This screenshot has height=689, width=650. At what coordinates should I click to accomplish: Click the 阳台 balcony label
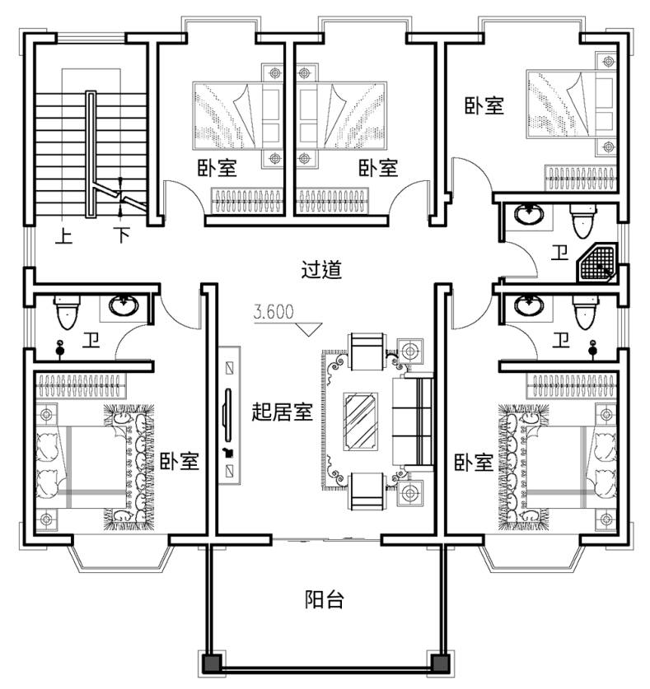(324, 599)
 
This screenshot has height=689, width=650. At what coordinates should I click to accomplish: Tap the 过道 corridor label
(321, 269)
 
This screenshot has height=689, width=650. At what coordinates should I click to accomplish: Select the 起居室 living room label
(282, 412)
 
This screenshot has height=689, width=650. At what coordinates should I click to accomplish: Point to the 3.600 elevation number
(274, 311)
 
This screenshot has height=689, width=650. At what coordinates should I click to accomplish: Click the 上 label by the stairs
(63, 236)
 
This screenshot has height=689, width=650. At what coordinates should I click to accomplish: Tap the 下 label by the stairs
(122, 235)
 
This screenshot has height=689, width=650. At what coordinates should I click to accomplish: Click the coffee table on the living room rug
(361, 421)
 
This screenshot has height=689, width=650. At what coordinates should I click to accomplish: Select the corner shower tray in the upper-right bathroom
(597, 263)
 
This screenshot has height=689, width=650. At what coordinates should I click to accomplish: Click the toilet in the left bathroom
(67, 312)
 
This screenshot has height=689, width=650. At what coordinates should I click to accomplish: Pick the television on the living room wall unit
(228, 415)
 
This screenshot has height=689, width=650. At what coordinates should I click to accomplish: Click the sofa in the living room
(413, 421)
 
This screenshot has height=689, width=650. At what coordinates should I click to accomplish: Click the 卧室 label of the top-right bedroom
(484, 106)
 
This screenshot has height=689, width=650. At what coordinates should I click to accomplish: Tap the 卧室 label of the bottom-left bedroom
(180, 461)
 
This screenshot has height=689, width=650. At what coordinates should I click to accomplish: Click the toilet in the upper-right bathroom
(583, 221)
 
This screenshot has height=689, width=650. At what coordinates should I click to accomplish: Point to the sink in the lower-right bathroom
(530, 305)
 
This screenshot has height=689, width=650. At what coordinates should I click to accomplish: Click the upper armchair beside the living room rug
(367, 351)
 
